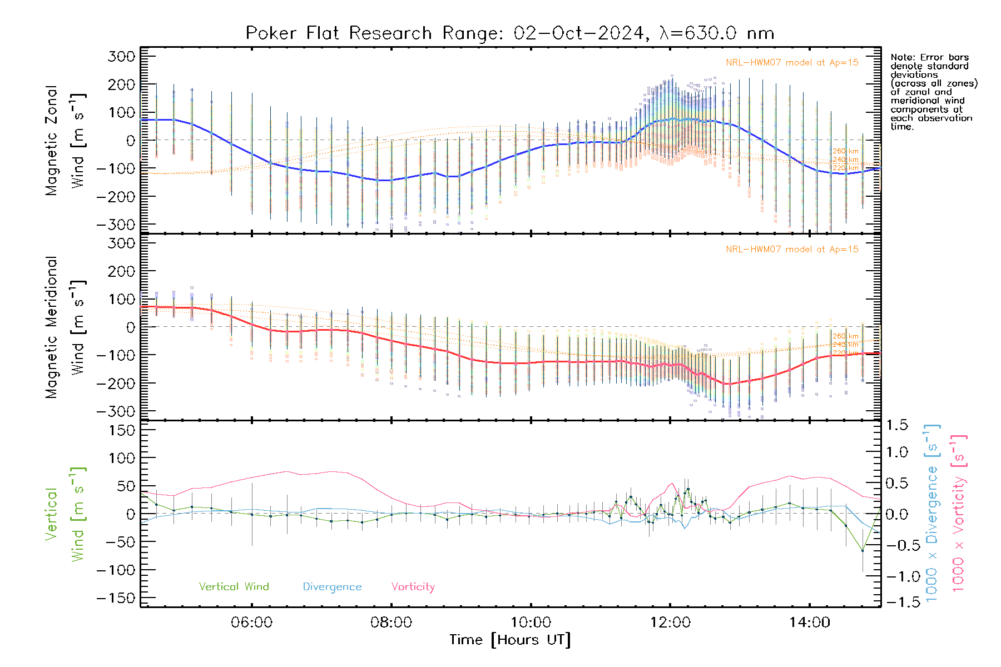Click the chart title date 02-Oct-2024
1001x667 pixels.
tap(578, 33)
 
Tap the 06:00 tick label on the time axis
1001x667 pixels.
tap(252, 623)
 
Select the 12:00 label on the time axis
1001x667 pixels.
tap(670, 623)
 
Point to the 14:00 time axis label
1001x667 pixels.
tap(810, 623)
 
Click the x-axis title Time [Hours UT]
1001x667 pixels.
tap(510, 640)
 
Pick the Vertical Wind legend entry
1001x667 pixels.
tap(234, 587)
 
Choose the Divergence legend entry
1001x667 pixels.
tap(332, 587)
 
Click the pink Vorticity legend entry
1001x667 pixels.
tap(413, 587)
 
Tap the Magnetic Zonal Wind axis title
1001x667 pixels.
tap(66, 141)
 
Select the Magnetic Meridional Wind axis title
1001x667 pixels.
tap(66, 327)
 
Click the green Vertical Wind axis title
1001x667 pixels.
tap(66, 514)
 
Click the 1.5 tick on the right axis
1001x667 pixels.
tap(897, 425)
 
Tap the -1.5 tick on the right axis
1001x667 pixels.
tap(897, 602)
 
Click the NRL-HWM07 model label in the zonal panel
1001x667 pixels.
tap(792, 63)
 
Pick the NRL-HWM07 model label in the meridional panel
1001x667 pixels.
tap(792, 250)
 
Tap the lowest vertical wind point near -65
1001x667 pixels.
tap(863, 550)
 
